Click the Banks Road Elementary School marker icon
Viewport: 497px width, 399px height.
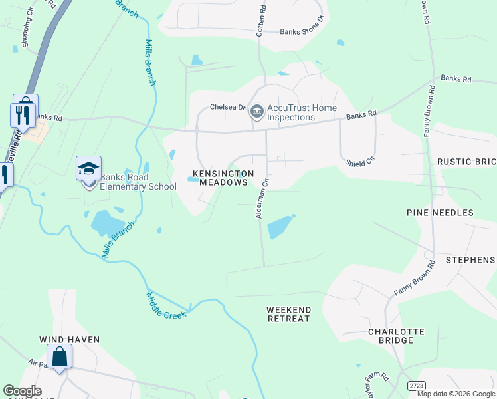pos(88,169)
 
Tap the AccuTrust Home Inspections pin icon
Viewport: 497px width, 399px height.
pos(256,112)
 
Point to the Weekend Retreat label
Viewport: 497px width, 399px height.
pos(288,315)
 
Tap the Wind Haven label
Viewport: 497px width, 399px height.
pos(69,340)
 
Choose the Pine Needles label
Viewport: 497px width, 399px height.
pos(440,213)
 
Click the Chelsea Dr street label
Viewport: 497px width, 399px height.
pos(228,107)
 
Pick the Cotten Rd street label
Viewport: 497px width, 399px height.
pos(260,20)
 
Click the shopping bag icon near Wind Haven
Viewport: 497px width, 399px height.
pos(59,357)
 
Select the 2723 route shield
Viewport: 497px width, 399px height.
pos(416,385)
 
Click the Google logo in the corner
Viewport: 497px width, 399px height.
pos(22,391)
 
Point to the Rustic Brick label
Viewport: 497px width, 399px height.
pos(466,162)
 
